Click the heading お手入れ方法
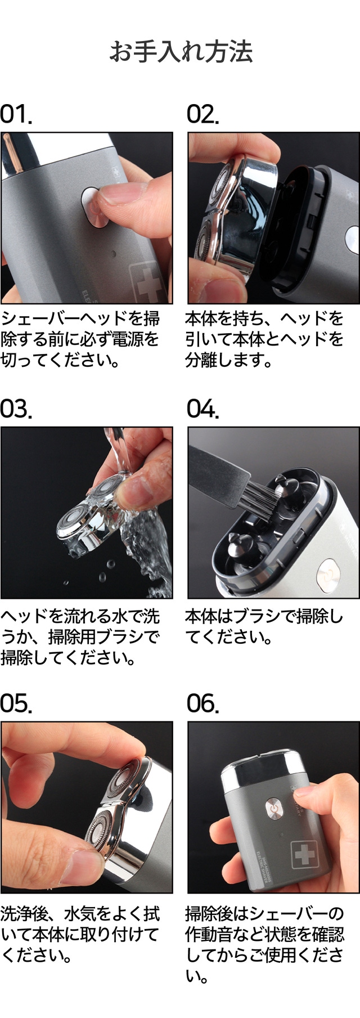tap(181, 51)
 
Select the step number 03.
tap(16, 409)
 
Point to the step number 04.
tap(202, 409)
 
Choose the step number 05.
tap(16, 703)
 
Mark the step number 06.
tap(202, 703)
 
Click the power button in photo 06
tap(274, 807)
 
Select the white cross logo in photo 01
tap(146, 281)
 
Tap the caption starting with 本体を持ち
tap(264, 339)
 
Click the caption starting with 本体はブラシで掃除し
tap(264, 627)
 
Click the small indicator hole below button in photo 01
tap(114, 253)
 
